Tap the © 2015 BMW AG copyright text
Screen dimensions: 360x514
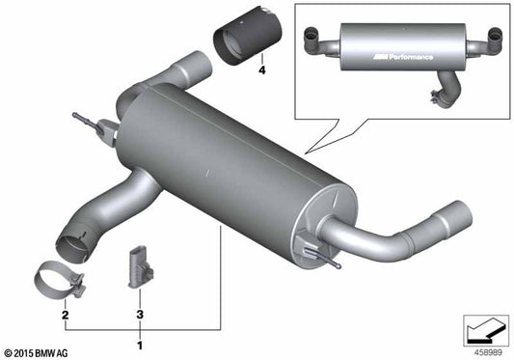tap(43, 351)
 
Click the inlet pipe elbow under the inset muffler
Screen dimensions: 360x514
tap(446, 93)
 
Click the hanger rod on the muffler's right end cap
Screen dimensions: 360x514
tap(322, 254)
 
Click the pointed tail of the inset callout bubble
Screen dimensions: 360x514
tap(308, 152)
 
